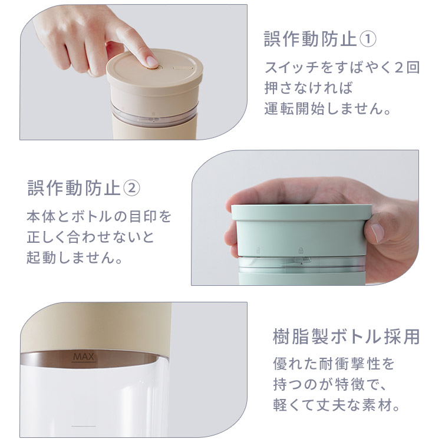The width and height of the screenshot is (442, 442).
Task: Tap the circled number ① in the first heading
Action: (368, 39)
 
